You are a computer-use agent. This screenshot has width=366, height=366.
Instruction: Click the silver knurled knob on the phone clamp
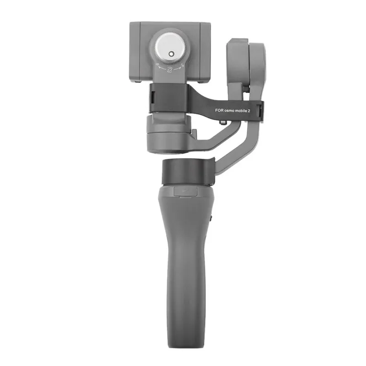pos(170,48)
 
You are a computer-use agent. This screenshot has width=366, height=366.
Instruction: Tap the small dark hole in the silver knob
pos(172,54)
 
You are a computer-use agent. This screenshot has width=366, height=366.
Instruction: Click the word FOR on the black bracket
pos(220,110)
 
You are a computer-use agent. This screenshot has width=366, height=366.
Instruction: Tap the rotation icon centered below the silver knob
pos(170,70)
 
